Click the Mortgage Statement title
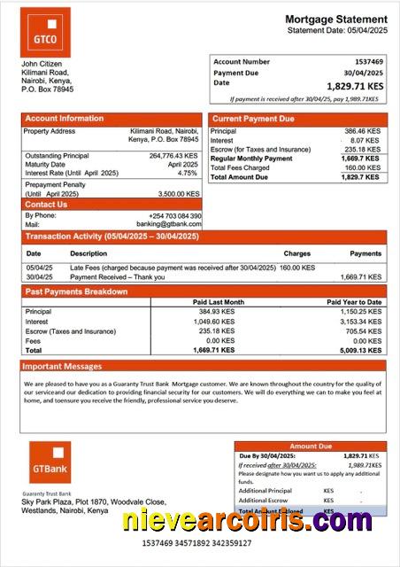pos(335,19)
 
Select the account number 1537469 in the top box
pos(366,62)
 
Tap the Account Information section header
pos(64,119)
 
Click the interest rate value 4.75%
pos(188,174)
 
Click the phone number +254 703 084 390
pos(174,216)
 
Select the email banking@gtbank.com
pos(169,224)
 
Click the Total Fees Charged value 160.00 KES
pos(361,167)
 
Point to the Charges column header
pos(296,253)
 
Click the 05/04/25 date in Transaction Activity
pos(39,268)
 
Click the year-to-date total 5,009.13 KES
pos(361,350)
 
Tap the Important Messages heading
pos(62,366)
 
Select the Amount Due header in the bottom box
pos(311,447)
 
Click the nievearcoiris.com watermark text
pos(247,522)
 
